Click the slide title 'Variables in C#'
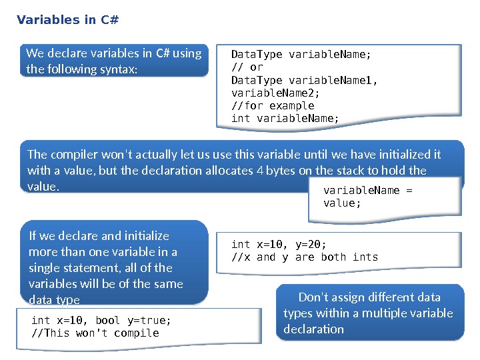67,19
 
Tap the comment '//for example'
272,105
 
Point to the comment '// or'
247,67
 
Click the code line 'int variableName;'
285,118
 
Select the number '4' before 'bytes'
259,170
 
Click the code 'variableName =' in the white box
368,190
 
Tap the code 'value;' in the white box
342,203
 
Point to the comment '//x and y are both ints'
304,257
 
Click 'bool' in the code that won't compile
108,320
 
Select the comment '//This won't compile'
95,333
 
